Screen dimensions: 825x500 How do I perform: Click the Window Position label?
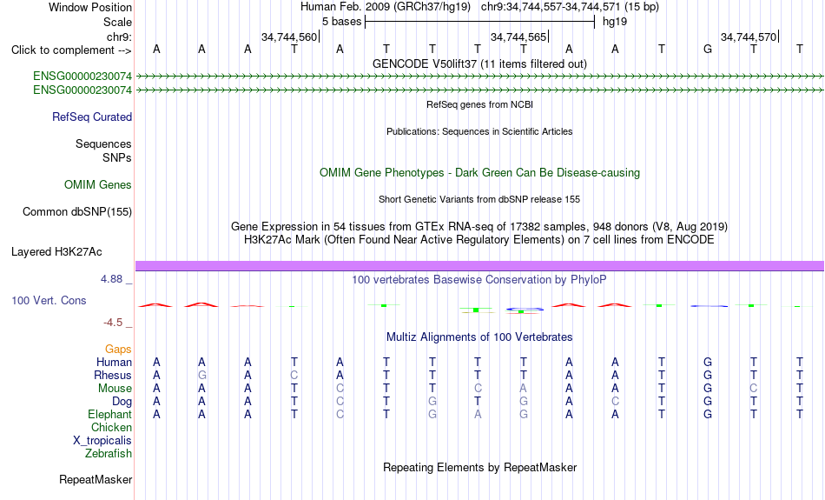pyautogui.click(x=90, y=7)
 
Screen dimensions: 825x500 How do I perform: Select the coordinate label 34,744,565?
pyautogui.click(x=518, y=37)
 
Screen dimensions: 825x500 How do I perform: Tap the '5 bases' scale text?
pyautogui.click(x=342, y=22)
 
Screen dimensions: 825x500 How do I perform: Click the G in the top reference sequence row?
pyautogui.click(x=708, y=50)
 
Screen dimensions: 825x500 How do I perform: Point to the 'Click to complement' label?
pyautogui.click(x=71, y=50)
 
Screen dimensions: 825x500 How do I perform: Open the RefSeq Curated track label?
pyautogui.click(x=91, y=117)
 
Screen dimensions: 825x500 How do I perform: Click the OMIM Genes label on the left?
pyautogui.click(x=97, y=185)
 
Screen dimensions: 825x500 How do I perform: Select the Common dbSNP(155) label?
pyautogui.click(x=76, y=212)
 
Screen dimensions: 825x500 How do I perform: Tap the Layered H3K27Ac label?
pyautogui.click(x=56, y=252)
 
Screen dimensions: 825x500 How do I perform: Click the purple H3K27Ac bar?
pyautogui.click(x=479, y=266)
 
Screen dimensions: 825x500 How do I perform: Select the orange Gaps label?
pyautogui.click(x=118, y=350)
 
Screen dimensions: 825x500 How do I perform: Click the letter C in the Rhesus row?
pyautogui.click(x=294, y=375)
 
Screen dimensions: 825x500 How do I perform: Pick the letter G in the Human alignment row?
pyautogui.click(x=708, y=362)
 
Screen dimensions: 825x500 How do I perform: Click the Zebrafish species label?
pyautogui.click(x=109, y=454)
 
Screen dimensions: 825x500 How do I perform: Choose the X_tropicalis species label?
pyautogui.click(x=102, y=441)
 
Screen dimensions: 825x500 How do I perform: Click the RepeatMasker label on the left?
pyautogui.click(x=96, y=479)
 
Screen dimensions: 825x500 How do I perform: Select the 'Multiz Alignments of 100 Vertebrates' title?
pyautogui.click(x=479, y=337)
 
